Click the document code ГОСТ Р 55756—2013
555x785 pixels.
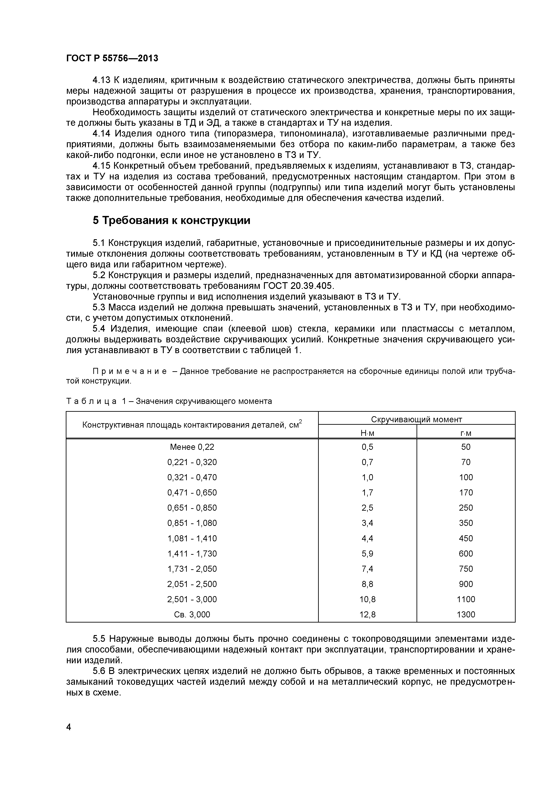tap(112, 58)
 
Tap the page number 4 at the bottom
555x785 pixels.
tap(69, 737)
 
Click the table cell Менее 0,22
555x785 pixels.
tap(192, 447)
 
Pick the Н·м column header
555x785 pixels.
tap(367, 433)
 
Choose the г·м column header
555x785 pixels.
tap(466, 433)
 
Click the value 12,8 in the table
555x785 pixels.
tap(367, 614)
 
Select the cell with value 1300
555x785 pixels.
tap(466, 614)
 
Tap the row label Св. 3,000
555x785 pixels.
tap(192, 614)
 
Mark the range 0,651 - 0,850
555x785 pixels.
tap(192, 508)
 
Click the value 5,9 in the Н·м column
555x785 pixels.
tap(367, 554)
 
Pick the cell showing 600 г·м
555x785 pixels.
tap(466, 554)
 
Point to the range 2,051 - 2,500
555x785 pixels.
tap(192, 584)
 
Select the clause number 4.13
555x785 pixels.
tap(102, 80)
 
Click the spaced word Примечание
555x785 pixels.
tap(130, 371)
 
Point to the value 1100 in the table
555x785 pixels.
tap(466, 599)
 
